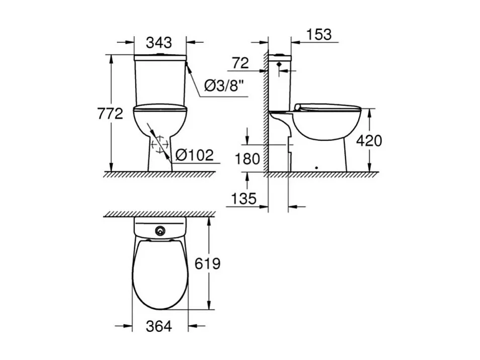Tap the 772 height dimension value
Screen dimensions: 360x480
pyautogui.click(x=110, y=114)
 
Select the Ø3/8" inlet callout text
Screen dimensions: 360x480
pyautogui.click(x=225, y=87)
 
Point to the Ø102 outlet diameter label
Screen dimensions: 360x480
pyautogui.click(x=195, y=155)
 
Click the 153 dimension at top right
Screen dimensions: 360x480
pyautogui.click(x=318, y=34)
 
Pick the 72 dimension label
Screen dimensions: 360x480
pyautogui.click(x=241, y=63)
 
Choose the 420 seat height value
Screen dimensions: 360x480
pyautogui.click(x=369, y=140)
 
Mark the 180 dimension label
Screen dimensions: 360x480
pyautogui.click(x=248, y=159)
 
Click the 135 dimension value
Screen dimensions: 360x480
pyautogui.click(x=244, y=199)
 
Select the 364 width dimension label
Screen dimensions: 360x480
pyautogui.click(x=159, y=326)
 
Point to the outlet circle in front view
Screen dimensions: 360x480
pyautogui.click(x=161, y=144)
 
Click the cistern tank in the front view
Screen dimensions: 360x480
pyautogui.click(x=160, y=81)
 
